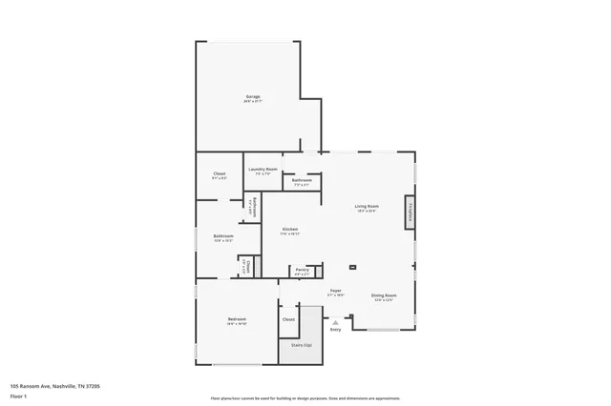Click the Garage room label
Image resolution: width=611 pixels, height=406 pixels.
pos(253,96)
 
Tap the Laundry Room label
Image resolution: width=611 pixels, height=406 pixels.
pos(263,169)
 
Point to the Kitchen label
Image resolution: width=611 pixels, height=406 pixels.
pos(290,230)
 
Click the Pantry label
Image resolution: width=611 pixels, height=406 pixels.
pos(302,271)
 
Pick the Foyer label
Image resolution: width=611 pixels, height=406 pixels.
pos(336,290)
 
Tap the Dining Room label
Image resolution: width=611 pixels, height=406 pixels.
pos(384,295)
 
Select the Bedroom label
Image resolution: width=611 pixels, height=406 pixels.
pos(237,318)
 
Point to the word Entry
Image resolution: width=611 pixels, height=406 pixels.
pos(335,330)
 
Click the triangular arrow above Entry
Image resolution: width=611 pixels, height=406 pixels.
pos(335,322)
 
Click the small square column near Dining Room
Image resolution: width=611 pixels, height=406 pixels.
pos(352,268)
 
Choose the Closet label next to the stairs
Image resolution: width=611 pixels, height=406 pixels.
pos(288,319)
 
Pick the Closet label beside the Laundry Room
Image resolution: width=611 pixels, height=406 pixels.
pos(219,173)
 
